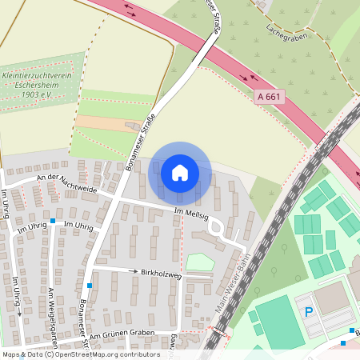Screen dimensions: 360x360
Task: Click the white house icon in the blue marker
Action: point(179,172)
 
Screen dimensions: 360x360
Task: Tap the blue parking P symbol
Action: point(309,312)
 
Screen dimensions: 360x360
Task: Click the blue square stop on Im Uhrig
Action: point(53,220)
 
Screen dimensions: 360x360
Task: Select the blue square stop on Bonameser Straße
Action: point(90,286)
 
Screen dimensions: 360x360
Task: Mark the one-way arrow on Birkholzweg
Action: point(134,271)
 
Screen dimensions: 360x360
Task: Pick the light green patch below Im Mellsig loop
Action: point(199,262)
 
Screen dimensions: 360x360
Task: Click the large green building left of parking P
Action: point(279,321)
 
